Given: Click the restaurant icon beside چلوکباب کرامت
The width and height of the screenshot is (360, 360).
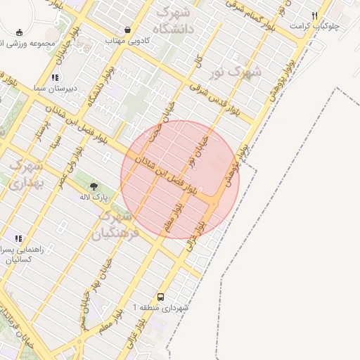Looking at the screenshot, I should click(x=315, y=15).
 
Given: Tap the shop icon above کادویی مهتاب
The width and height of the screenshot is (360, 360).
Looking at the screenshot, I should click(x=127, y=30).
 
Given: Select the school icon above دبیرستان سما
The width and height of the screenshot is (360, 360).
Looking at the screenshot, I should click(x=54, y=77).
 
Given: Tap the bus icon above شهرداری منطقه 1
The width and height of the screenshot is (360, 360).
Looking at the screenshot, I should click(x=161, y=297).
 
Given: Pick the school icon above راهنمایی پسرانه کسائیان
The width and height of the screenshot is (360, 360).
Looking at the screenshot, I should click(x=18, y=239).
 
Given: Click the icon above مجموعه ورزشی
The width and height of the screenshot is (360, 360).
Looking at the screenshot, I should click(x=19, y=32).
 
